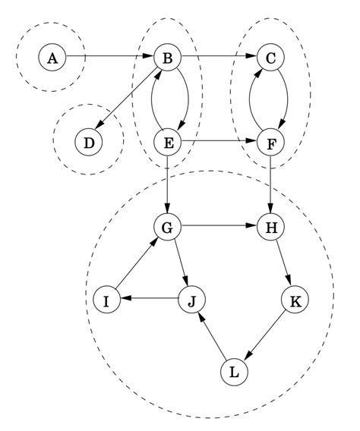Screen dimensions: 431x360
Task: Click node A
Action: (52, 57)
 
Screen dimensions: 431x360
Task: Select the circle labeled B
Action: (167, 57)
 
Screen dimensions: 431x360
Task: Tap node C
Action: (270, 57)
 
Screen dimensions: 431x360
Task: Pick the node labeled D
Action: (89, 141)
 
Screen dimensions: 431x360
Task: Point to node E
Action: (167, 141)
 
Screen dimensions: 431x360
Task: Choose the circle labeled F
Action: (270, 141)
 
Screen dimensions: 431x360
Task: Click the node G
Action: (167, 226)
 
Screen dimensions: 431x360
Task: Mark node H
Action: (270, 226)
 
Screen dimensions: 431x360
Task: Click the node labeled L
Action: (234, 372)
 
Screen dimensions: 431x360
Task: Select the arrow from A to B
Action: (109, 57)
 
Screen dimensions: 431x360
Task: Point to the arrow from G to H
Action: (219, 226)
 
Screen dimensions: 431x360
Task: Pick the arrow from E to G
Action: (167, 184)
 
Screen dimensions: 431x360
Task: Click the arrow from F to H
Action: (270, 184)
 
